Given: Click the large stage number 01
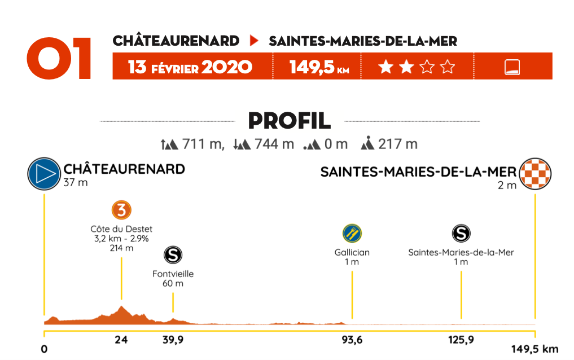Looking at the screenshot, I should pos(59,59).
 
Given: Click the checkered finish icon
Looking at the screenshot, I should pos(534,174).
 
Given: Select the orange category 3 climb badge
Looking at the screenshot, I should pos(121,210).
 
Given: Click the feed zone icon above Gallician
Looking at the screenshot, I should pos(352,233).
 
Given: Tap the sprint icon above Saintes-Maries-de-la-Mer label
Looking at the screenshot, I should pos(461,233).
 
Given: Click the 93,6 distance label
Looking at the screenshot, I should pos(352,340).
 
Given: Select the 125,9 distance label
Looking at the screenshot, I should pos(461,340).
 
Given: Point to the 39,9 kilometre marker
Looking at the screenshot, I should pos(173,340).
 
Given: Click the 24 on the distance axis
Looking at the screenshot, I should pos(121,340).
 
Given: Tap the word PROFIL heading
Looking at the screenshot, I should pos(289,120).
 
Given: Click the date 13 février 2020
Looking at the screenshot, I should pos(190,67).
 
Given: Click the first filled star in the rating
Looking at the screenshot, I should pos(385,68).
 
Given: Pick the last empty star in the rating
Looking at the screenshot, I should pos(448,68).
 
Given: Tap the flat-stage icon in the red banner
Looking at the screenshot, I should pos(512,68).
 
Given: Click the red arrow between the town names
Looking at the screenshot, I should pos(254,41).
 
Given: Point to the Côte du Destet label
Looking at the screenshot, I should pos(121,229).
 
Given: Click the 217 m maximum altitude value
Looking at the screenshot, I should pos(398,144).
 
